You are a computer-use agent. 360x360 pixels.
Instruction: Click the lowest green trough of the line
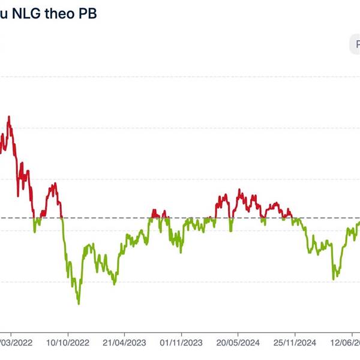pos(78,304)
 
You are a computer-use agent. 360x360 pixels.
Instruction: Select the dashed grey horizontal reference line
pos(180,218)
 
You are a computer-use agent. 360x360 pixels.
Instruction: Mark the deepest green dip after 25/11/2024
pos(334,278)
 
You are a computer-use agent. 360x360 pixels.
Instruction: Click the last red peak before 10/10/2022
pos(54,183)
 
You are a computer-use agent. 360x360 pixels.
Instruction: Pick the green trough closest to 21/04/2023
pos(114,284)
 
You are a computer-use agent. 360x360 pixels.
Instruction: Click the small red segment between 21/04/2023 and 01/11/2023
pos(157,212)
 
